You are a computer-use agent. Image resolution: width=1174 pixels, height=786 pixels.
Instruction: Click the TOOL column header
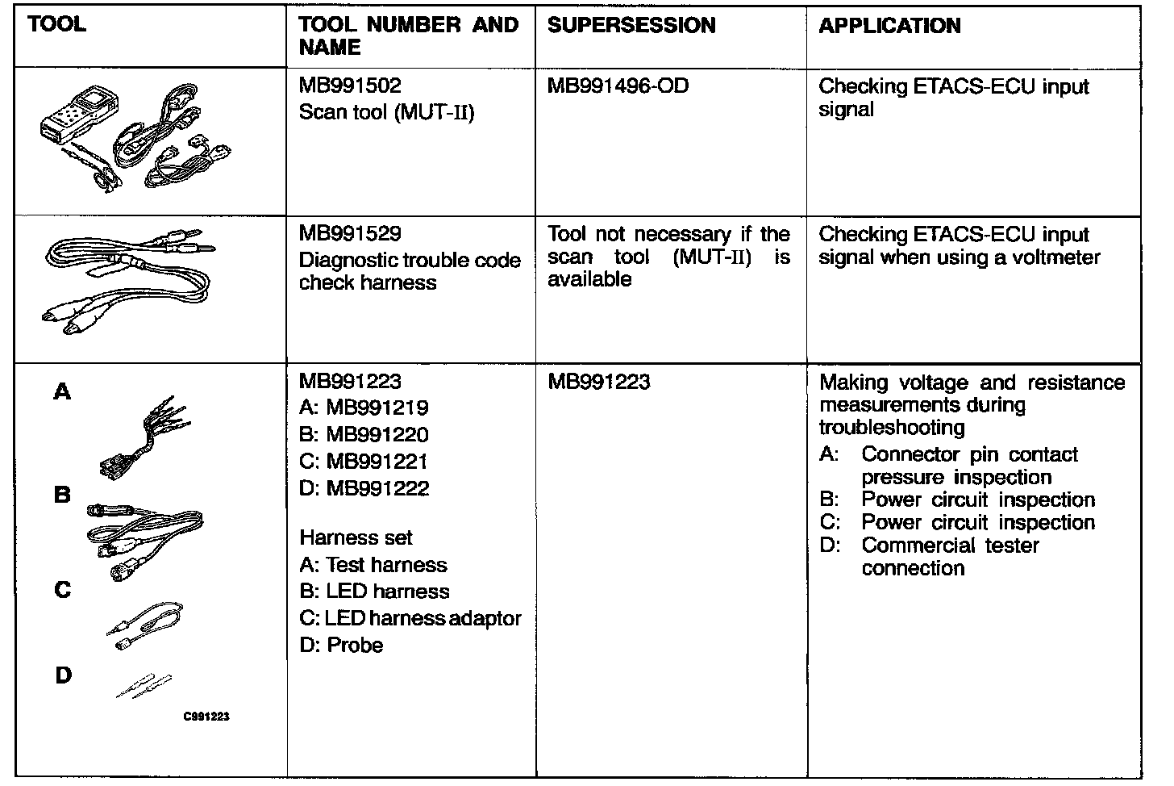[x=56, y=24]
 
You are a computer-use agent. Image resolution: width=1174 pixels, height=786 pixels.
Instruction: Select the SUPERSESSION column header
[x=631, y=26]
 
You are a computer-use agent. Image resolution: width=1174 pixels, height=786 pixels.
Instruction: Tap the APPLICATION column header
[x=889, y=26]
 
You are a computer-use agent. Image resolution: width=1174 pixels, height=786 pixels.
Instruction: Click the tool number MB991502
[x=350, y=86]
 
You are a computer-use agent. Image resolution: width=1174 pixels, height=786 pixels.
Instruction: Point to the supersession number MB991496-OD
[x=618, y=86]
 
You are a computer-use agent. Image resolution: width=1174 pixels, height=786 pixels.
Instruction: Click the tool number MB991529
[x=350, y=234]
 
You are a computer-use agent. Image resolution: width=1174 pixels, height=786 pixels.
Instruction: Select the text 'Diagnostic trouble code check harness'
[x=409, y=271]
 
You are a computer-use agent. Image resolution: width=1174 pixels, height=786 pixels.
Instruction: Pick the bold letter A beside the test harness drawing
[x=62, y=392]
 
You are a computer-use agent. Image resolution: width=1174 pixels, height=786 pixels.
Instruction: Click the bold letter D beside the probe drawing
[x=63, y=675]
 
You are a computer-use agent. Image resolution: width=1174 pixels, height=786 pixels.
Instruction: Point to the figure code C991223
[x=206, y=716]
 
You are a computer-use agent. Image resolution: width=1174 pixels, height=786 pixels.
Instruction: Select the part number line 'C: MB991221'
[x=363, y=462]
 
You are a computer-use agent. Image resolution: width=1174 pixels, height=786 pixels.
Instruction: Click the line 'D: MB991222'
[x=364, y=488]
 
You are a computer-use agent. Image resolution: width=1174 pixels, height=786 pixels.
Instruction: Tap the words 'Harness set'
[x=356, y=537]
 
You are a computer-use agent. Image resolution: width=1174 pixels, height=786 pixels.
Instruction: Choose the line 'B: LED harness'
[x=374, y=592]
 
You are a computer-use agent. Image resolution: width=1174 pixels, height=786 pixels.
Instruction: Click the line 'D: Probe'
[x=341, y=645]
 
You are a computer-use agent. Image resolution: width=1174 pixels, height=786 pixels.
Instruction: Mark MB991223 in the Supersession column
[x=598, y=382]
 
